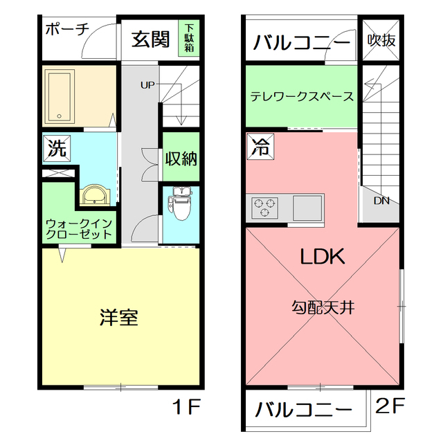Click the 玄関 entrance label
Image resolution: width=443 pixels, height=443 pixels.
pos(150,39)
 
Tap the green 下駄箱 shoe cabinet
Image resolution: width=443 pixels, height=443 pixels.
pos(189,38)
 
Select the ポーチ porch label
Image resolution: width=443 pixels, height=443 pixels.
pos(67,29)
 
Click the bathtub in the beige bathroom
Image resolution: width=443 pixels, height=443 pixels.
pos(60,96)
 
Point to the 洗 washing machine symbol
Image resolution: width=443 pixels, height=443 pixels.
pos(57,148)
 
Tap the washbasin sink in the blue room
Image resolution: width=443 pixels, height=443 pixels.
pos(94,195)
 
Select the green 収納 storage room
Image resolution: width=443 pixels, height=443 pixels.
pos(181,157)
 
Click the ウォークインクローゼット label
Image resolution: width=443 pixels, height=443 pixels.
pos(79,229)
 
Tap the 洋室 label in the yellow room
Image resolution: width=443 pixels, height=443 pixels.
pos(119,318)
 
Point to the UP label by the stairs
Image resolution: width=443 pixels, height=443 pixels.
pos(147,85)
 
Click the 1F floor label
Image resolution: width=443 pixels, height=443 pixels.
pos(186,406)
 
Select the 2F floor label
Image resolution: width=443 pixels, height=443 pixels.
pos(390,405)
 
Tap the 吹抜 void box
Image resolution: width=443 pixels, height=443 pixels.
pos(381,40)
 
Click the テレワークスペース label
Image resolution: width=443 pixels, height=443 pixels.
pos(302,97)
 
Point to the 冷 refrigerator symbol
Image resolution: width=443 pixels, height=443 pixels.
pos(260,147)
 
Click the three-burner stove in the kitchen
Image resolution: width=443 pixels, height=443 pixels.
pos(264,208)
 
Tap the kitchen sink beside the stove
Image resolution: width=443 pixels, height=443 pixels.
pos(307,208)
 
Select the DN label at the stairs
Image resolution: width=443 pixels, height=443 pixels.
pos(381,201)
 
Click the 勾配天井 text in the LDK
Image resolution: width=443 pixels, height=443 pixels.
pos(323,307)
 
